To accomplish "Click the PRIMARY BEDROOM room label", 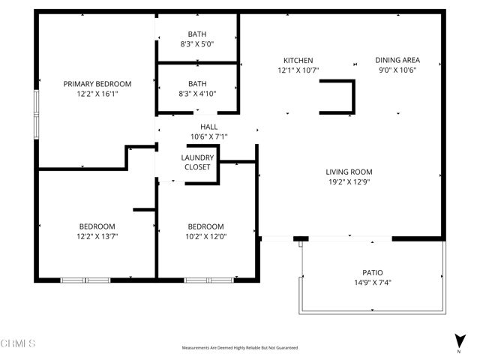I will [x=97, y=84].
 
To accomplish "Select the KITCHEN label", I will [x=298, y=61].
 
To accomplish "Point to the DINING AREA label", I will [x=397, y=61].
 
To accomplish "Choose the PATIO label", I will [x=372, y=273].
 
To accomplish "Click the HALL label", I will [x=208, y=127].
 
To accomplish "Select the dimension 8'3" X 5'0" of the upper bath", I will [x=197, y=43].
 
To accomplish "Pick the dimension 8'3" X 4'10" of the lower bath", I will [x=197, y=94].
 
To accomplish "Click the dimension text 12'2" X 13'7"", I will [x=97, y=236].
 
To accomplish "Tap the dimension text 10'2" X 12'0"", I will [x=205, y=236].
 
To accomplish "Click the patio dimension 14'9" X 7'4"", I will [x=372, y=283].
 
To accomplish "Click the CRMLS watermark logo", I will [x=18, y=343].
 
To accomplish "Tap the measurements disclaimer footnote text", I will [x=239, y=348].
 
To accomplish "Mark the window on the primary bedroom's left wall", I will [x=36, y=114].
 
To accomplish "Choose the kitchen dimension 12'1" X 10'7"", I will [x=298, y=70].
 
